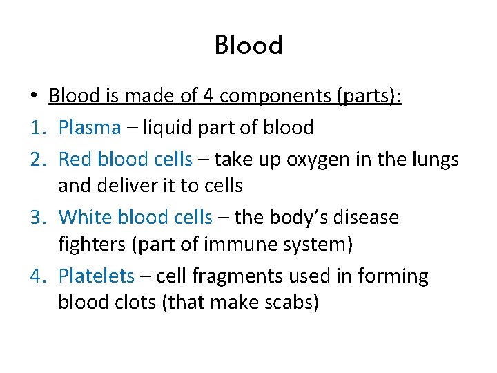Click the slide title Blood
(248, 46)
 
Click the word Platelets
(96, 276)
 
